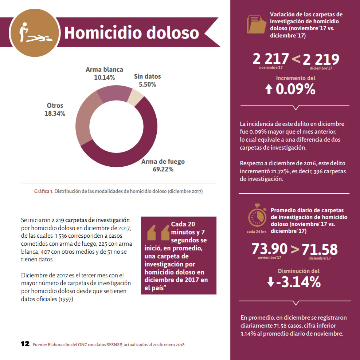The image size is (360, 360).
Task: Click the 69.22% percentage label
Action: click(163, 169)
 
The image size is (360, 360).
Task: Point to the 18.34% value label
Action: click(55, 114)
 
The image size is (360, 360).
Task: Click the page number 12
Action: click(25, 344)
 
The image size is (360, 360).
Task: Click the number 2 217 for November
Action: click(271, 59)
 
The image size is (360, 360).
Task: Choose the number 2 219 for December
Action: click(321, 59)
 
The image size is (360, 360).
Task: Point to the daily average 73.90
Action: click(270, 249)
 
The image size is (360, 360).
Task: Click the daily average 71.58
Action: click(320, 250)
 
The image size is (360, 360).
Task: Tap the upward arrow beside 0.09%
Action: click(269, 90)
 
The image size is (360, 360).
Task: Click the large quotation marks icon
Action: click(159, 233)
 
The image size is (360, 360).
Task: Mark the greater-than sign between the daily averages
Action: click(295, 249)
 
